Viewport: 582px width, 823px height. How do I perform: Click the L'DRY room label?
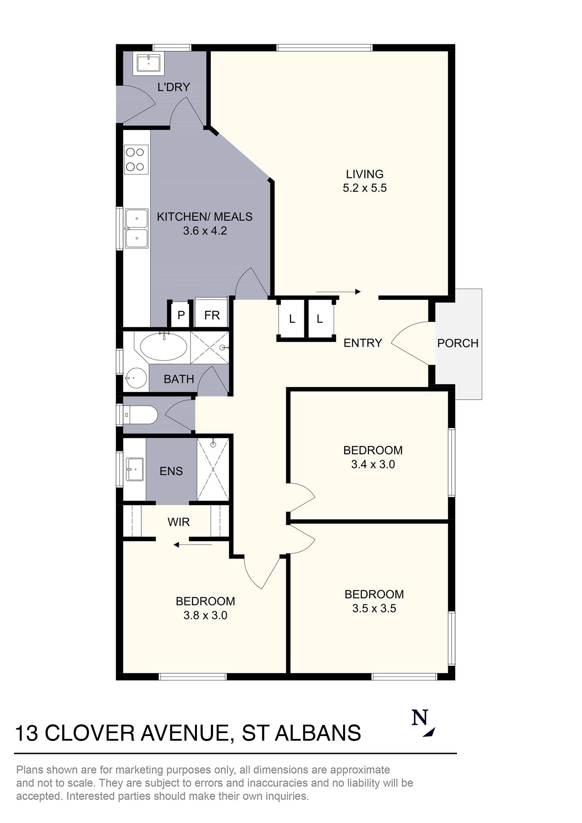173,87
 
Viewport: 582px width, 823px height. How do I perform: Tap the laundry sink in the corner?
148,63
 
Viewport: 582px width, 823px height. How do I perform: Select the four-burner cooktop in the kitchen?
136,159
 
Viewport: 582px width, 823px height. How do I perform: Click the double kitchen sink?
137,229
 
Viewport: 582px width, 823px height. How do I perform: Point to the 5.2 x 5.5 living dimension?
365,188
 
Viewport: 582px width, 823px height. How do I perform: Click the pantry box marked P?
181,315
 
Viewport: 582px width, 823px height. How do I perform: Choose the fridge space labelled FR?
212,315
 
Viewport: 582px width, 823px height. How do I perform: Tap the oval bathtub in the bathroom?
163,346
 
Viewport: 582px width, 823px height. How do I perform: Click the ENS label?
171,471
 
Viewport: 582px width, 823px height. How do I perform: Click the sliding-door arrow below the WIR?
193,545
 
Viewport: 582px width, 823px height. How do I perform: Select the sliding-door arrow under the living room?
338,292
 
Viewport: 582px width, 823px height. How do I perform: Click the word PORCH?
457,343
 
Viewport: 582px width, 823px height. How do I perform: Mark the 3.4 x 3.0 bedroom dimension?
373,464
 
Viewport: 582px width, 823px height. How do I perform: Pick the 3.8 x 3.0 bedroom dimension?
205,615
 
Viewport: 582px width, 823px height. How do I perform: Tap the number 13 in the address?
26,733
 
